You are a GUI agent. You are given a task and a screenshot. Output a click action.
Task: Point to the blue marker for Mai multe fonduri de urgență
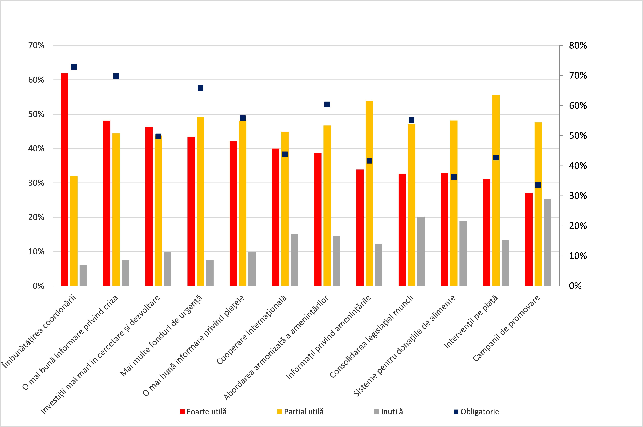(201, 88)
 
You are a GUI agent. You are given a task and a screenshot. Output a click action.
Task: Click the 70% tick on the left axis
(36, 46)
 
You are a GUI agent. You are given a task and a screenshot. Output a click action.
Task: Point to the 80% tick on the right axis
(578, 46)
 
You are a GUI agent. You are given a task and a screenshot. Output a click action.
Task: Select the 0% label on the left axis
(38, 286)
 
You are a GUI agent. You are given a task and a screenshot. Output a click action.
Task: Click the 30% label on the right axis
(578, 196)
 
